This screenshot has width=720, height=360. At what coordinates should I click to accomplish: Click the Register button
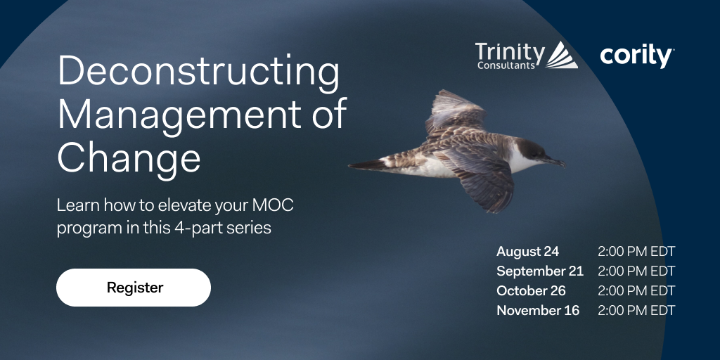coord(134,288)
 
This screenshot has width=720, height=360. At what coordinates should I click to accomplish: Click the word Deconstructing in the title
coord(198,73)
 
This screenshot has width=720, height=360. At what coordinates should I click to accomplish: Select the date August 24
coord(528,252)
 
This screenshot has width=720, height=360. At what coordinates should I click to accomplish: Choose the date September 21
coord(539,271)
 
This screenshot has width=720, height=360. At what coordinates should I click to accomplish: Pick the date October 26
coord(531,291)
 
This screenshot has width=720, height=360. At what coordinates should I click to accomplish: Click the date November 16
coord(538,311)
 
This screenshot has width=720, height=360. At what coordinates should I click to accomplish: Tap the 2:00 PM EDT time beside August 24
coord(636,252)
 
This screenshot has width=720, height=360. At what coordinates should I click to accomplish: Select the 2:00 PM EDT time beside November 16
coord(636,311)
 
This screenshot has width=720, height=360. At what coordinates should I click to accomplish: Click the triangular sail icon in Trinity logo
coord(562,55)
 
